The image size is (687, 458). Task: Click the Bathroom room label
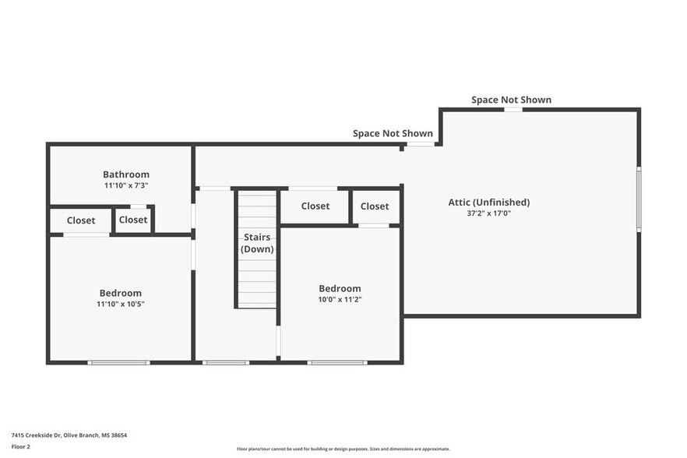click(125, 174)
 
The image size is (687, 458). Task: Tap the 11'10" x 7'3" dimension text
click(125, 185)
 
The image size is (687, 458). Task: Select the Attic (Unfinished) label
click(488, 202)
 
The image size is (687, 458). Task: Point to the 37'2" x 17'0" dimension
click(488, 213)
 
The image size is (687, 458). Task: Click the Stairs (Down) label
click(256, 243)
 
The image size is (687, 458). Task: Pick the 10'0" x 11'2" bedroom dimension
click(340, 299)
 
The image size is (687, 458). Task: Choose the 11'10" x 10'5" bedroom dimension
click(120, 304)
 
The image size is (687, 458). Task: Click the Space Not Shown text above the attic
click(511, 100)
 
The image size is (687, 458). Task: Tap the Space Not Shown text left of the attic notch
click(393, 133)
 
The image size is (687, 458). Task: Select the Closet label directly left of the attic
click(375, 206)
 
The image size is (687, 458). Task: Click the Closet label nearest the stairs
click(315, 206)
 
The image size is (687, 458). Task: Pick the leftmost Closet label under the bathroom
click(81, 220)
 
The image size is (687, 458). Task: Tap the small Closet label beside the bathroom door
click(133, 220)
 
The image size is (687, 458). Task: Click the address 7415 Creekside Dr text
click(69, 435)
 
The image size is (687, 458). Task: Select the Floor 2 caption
click(21, 447)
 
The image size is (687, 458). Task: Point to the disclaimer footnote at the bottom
click(343, 449)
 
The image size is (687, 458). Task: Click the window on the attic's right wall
click(639, 199)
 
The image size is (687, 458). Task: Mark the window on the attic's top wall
click(513, 109)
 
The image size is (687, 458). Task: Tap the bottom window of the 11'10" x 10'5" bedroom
click(118, 362)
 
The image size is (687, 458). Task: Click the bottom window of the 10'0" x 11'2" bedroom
click(336, 362)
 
